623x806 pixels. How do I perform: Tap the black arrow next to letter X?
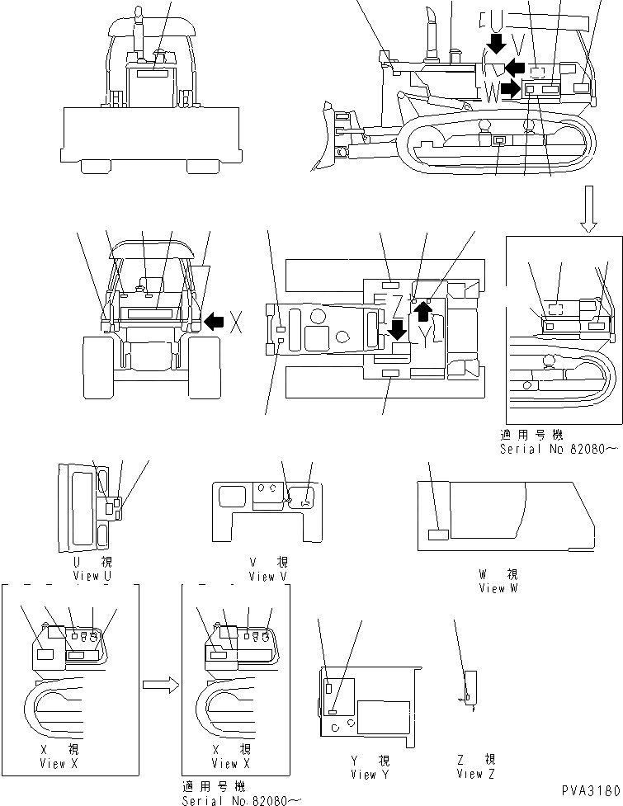pyautogui.click(x=214, y=322)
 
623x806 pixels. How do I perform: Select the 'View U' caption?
pyautogui.click(x=92, y=575)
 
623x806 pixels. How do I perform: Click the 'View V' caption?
pyautogui.click(x=267, y=577)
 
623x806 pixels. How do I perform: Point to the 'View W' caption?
pyautogui.click(x=498, y=587)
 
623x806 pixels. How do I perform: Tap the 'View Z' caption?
pyautogui.click(x=474, y=774)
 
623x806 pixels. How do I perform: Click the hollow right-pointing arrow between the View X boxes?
pyautogui.click(x=159, y=683)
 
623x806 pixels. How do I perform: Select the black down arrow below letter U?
pyautogui.click(x=497, y=42)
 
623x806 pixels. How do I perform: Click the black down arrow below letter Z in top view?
pyautogui.click(x=397, y=329)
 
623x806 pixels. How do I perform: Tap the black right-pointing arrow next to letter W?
pyautogui.click(x=512, y=88)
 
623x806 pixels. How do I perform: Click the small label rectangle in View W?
pyautogui.click(x=438, y=535)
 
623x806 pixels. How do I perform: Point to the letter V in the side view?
pyautogui.click(x=518, y=43)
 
